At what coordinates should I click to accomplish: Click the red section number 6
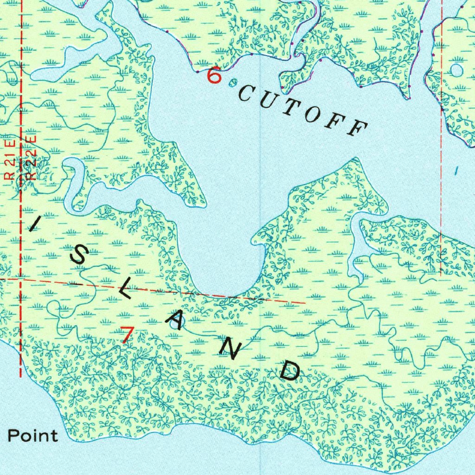tap(214, 75)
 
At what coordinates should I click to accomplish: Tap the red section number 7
tap(127, 334)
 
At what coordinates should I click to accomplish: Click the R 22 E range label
tap(31, 158)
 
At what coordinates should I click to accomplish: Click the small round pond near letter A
tap(174, 325)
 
